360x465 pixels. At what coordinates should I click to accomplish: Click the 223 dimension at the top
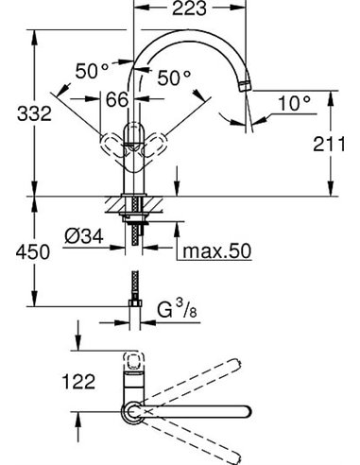(x=189, y=9)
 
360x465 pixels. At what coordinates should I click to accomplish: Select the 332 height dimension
(x=34, y=113)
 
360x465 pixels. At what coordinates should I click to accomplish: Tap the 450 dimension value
(x=33, y=252)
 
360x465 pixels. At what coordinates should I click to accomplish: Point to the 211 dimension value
(x=329, y=145)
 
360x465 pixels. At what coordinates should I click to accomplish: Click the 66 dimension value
(x=117, y=99)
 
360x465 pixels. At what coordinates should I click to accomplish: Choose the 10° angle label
(x=294, y=103)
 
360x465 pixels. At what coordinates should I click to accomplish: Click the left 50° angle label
(x=92, y=71)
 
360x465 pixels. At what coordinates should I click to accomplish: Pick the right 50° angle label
(x=174, y=77)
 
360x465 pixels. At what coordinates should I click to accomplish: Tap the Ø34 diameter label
(x=84, y=236)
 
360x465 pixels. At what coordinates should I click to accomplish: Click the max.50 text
(x=217, y=251)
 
